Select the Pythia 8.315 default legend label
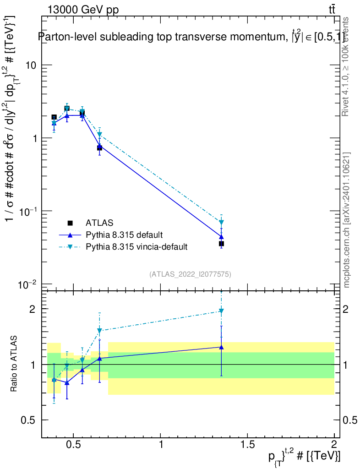pyautogui.click(x=124, y=235)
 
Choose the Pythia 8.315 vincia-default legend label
pyautogui.click(x=136, y=247)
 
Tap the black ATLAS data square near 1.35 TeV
pyautogui.click(x=221, y=244)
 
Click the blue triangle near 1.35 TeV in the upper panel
pyautogui.click(x=221, y=237)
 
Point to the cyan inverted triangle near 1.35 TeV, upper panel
pyautogui.click(x=221, y=223)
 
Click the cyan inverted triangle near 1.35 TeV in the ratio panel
pyautogui.click(x=221, y=311)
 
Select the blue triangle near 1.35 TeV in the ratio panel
pyautogui.click(x=221, y=347)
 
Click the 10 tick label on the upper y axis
pyautogui.click(x=31, y=65)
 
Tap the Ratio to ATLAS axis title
pyautogui.click(x=14, y=364)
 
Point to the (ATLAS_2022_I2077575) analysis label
pyautogui.click(x=190, y=274)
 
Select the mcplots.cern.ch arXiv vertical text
pyautogui.click(x=347, y=220)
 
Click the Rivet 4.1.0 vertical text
pyautogui.click(x=347, y=66)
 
